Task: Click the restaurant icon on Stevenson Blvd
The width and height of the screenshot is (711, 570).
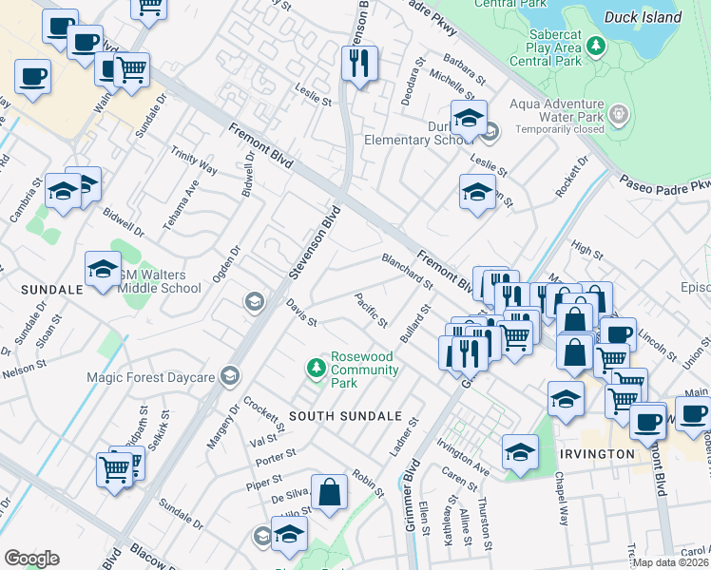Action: pyautogui.click(x=360, y=64)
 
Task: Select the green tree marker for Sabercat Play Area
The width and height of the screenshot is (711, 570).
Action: pyautogui.click(x=595, y=45)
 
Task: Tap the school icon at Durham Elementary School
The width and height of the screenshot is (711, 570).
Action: pyautogui.click(x=469, y=118)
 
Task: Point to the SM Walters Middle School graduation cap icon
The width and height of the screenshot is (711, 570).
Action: pyautogui.click(x=103, y=269)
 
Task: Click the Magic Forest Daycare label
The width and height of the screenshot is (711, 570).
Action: pyautogui.click(x=147, y=377)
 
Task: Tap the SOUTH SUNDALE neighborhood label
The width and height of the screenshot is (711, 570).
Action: pyautogui.click(x=340, y=416)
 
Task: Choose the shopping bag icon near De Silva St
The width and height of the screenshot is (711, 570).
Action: pyautogui.click(x=329, y=493)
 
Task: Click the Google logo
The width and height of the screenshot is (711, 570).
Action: pyautogui.click(x=31, y=559)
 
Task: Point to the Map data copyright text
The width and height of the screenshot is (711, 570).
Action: pyautogui.click(x=671, y=562)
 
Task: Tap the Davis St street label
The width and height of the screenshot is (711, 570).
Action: pyautogui.click(x=301, y=311)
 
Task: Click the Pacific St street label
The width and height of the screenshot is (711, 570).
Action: pyautogui.click(x=371, y=311)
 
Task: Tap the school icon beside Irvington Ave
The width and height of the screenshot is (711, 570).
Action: pyautogui.click(x=520, y=453)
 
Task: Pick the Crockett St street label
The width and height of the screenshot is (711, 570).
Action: pyautogui.click(x=262, y=413)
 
